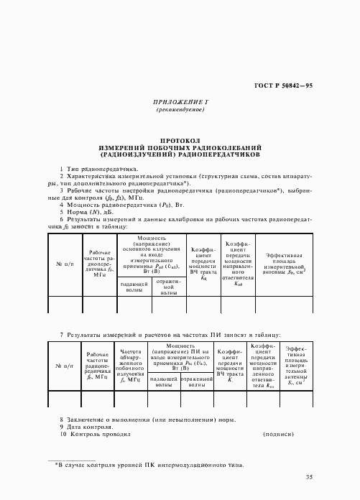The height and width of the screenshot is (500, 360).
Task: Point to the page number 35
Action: (x=309, y=477)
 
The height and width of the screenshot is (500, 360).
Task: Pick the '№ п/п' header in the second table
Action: (x=65, y=366)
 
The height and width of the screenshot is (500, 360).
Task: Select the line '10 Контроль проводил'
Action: (x=95, y=435)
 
